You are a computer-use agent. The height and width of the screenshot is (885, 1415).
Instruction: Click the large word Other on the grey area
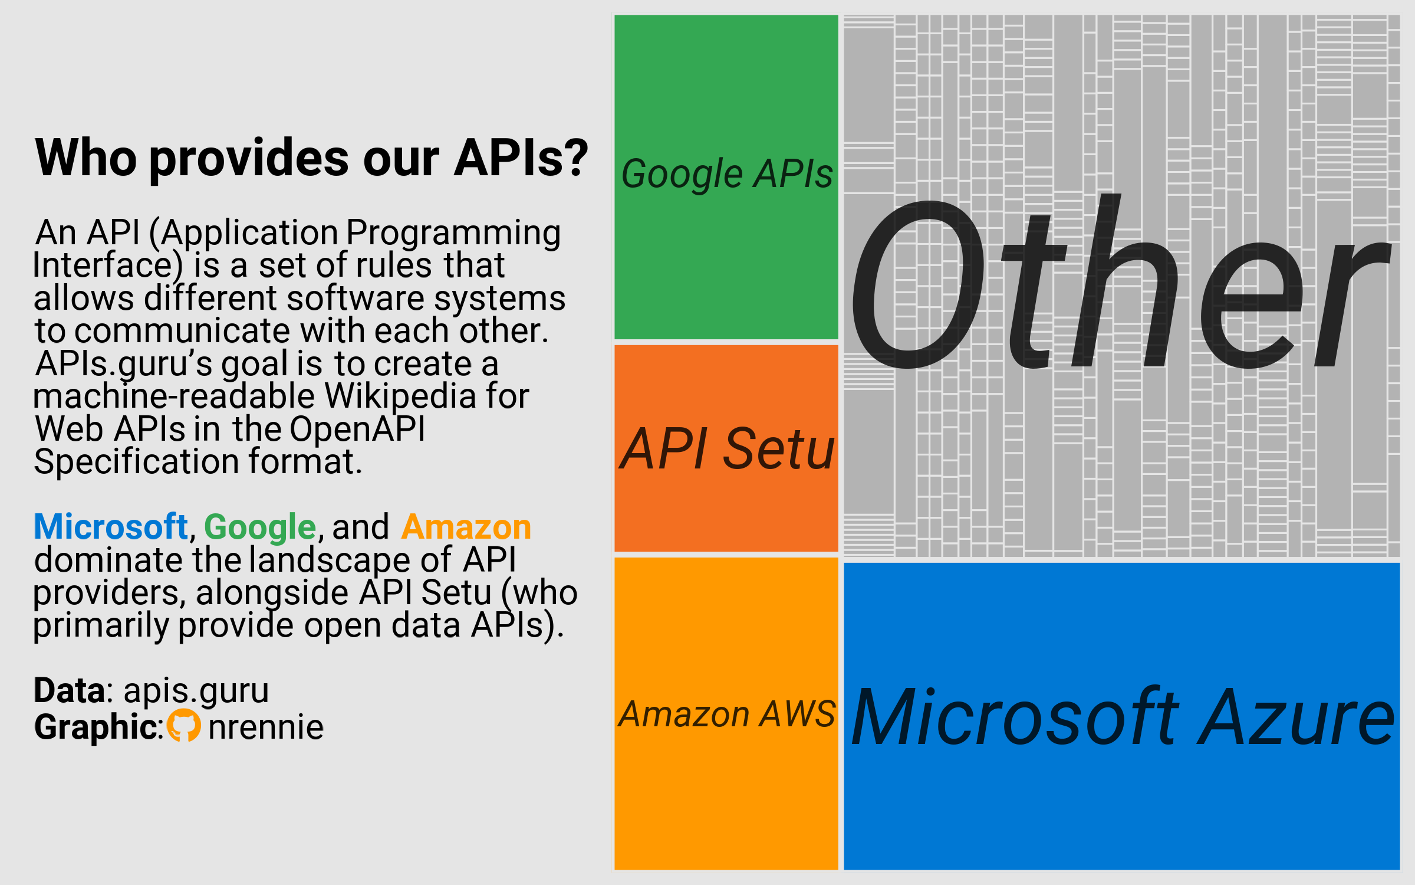point(1120,282)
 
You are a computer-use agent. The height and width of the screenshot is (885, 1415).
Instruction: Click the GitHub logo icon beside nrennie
point(184,725)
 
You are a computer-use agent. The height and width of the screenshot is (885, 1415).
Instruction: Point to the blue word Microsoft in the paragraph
point(111,526)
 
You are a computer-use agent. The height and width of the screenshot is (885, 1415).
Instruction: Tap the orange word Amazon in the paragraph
point(466,527)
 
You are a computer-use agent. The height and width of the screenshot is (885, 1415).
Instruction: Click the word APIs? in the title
point(521,158)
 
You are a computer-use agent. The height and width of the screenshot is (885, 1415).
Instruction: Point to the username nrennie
point(266,727)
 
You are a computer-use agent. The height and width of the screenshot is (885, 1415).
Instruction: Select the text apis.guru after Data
point(196,691)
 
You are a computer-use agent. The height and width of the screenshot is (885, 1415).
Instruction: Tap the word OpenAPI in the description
point(357,430)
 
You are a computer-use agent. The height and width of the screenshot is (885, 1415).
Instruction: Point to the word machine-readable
point(175,395)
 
